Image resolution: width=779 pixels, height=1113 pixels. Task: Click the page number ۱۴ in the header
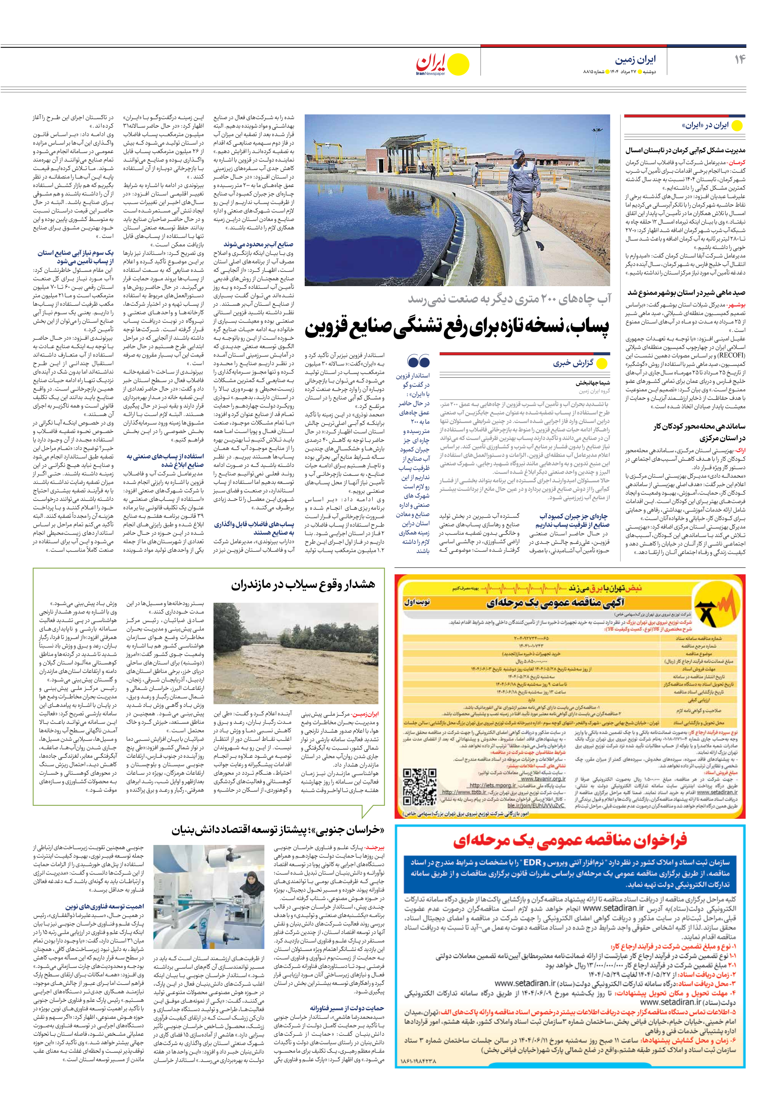pos(739,59)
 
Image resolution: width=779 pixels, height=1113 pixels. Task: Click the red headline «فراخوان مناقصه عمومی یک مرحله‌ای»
pos(570,840)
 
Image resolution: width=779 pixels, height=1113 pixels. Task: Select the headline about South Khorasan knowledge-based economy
pos(278,830)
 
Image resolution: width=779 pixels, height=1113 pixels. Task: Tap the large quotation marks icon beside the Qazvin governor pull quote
pos(419,361)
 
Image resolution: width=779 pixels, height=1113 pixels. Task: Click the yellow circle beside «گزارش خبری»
pos(602,363)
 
